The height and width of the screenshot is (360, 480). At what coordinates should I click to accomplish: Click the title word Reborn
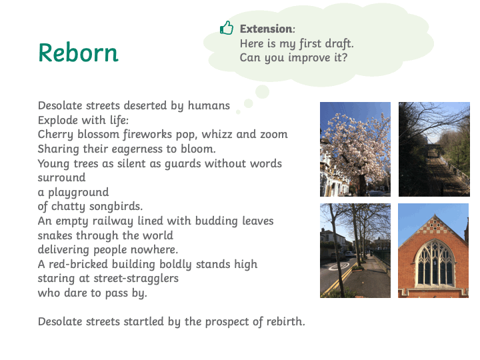tap(79, 53)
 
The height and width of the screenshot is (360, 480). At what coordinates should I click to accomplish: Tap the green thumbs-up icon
tap(227, 28)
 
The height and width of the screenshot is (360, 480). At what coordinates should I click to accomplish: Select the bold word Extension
tap(266, 29)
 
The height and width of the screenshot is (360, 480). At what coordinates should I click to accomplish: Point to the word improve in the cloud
tap(309, 58)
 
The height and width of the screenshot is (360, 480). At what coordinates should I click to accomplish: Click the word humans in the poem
tap(209, 105)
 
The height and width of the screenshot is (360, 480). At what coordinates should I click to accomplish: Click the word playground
tap(79, 193)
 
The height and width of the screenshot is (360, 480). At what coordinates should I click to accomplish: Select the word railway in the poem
tap(113, 221)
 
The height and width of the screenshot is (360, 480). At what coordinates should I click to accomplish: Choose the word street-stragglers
tap(136, 279)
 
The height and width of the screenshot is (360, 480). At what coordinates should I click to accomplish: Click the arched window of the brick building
tap(435, 263)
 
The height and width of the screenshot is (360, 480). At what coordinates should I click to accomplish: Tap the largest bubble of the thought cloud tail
tap(263, 91)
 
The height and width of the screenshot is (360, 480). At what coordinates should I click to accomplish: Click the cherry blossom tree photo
tap(355, 149)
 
